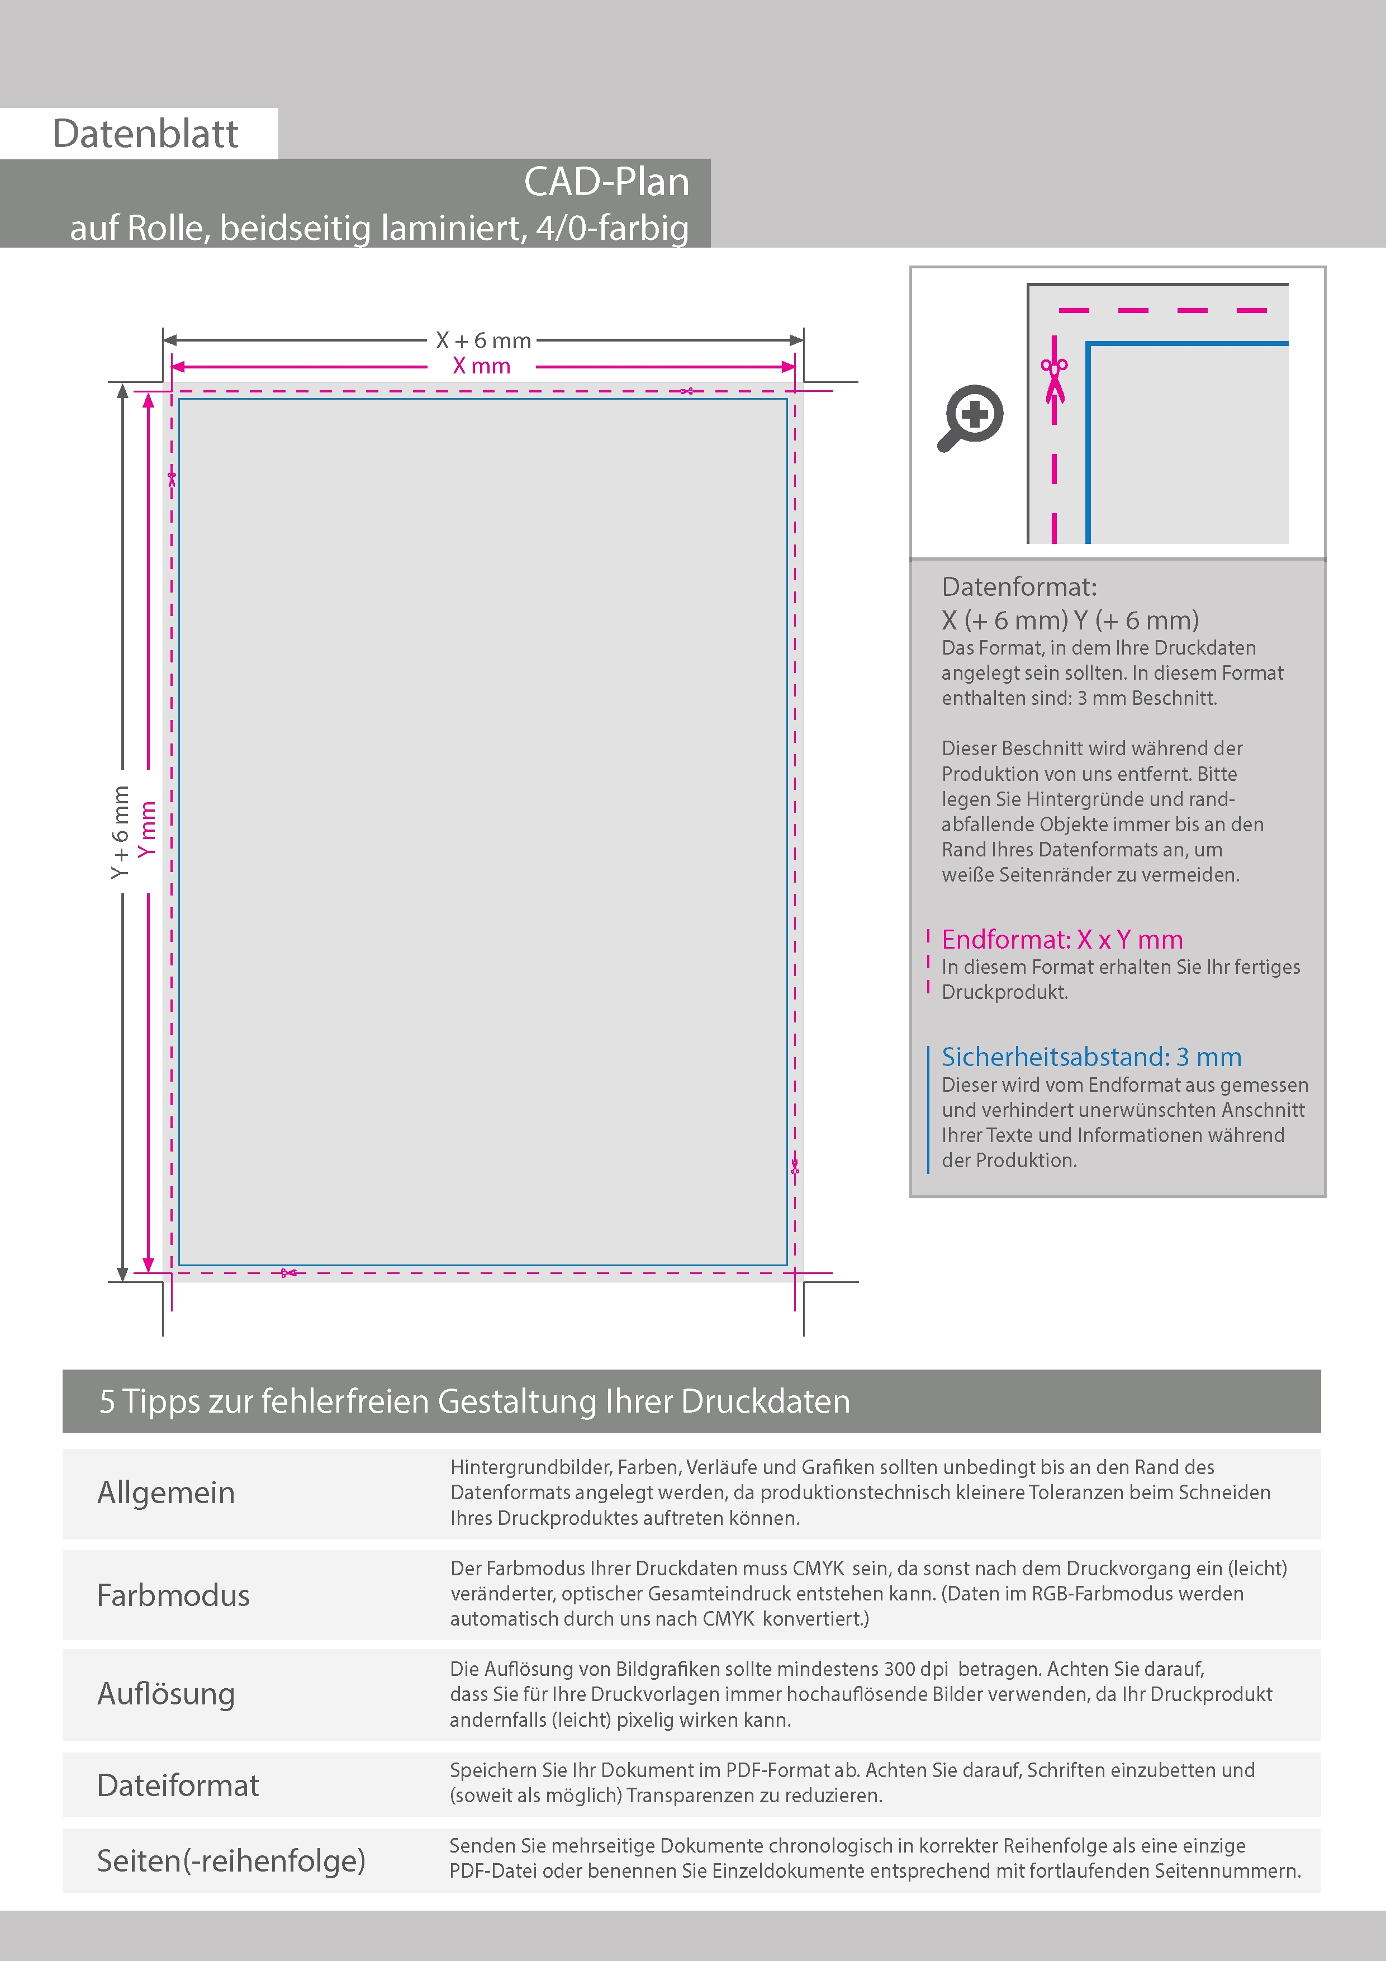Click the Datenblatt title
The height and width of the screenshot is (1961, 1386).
(145, 134)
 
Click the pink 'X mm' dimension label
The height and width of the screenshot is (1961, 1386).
(482, 366)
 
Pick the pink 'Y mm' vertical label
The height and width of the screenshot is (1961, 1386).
(148, 828)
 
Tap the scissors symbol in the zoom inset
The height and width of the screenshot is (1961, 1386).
(1055, 381)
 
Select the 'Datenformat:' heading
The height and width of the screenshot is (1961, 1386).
(1019, 587)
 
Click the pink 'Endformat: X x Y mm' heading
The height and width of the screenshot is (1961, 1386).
(1061, 940)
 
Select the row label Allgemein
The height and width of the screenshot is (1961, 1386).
(165, 1492)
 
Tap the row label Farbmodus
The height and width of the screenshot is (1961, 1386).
(173, 1595)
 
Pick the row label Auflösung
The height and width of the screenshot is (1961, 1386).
(165, 1694)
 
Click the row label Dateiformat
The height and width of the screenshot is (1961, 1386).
(178, 1785)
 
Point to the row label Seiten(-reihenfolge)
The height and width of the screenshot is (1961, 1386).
(231, 1860)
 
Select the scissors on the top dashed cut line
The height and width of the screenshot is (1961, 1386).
(687, 391)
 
